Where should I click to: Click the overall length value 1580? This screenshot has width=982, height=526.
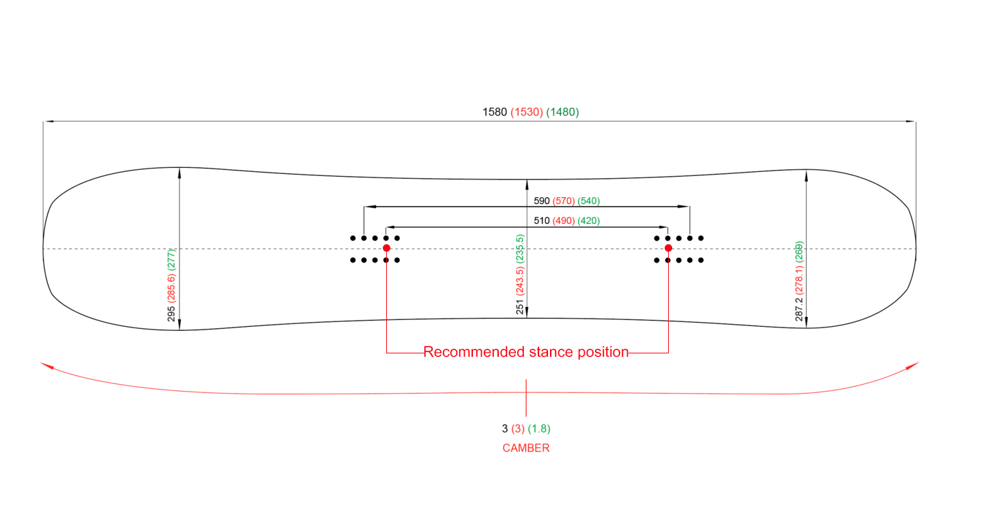tap(495, 113)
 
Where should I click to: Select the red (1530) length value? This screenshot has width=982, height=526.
tap(527, 113)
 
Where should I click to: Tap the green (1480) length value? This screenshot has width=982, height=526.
tap(562, 113)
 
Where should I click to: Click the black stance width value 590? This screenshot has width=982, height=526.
tap(542, 201)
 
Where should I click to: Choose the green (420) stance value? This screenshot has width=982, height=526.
tap(589, 221)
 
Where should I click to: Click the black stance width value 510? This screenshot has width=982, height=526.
tap(542, 221)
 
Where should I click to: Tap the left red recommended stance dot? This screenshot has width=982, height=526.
tap(387, 248)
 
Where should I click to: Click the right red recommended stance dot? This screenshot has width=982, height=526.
tap(668, 248)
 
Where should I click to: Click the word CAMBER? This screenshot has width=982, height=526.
tap(526, 448)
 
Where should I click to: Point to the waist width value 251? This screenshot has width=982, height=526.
tap(521, 306)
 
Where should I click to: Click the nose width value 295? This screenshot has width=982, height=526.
tap(172, 313)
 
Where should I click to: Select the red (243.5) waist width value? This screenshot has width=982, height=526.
tap(521, 278)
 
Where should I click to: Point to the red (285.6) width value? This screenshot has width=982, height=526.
tap(172, 289)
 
